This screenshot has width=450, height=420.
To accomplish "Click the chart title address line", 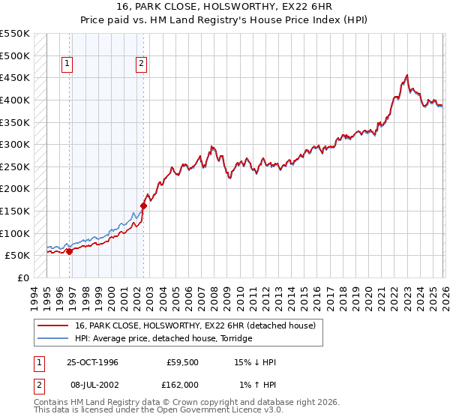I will pos(225,8).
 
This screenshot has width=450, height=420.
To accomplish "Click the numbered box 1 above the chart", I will pos(67,64).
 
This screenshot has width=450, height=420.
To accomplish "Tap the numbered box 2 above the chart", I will pos(141,64).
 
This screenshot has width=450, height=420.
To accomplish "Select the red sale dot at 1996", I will pos(70,251).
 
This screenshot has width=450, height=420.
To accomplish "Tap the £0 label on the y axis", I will pos(22,277).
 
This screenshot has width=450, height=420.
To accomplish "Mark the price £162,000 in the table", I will pos(182,385).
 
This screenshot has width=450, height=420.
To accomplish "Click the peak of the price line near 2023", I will pos(406,75).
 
